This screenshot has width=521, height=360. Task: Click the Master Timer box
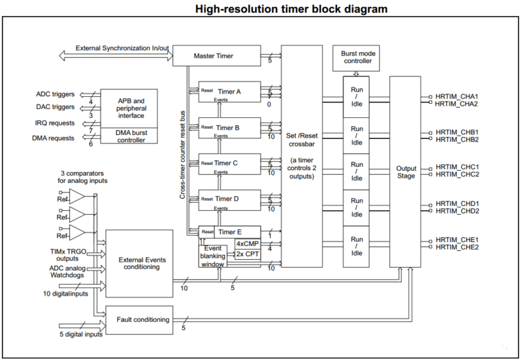click(x=216, y=56)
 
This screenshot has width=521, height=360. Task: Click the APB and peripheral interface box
click(x=129, y=108)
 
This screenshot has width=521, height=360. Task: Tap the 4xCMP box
click(x=247, y=243)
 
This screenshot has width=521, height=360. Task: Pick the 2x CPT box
click(x=247, y=254)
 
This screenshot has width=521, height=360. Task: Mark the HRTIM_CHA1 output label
click(x=457, y=96)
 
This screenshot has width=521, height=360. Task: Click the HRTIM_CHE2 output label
click(x=457, y=247)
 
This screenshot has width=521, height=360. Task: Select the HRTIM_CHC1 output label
click(x=457, y=167)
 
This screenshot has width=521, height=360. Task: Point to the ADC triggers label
click(x=55, y=94)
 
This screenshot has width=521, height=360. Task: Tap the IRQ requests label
click(x=55, y=123)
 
